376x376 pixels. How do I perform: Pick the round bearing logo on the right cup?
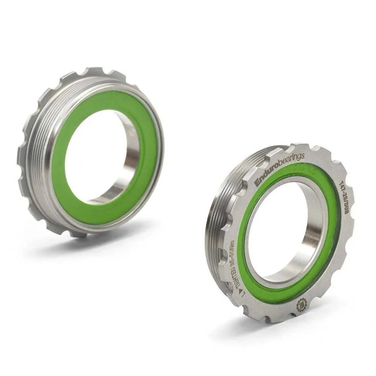302,304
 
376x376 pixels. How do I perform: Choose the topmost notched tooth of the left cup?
94,71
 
